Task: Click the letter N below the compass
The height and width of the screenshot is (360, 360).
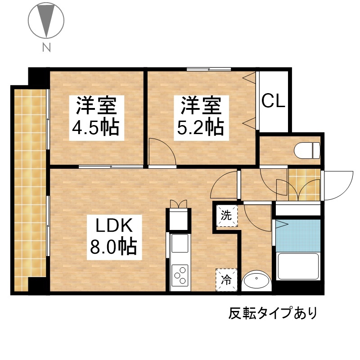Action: click(46, 48)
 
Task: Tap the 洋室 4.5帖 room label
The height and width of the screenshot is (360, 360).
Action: click(97, 118)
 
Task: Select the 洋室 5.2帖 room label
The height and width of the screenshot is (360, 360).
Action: click(201, 118)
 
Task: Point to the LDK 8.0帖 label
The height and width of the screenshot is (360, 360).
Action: click(114, 237)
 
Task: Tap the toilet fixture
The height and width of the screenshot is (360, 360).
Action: click(307, 150)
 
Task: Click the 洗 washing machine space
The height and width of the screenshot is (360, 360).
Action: click(226, 216)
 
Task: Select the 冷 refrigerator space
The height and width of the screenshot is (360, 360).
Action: click(226, 280)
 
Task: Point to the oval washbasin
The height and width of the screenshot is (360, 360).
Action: click(256, 280)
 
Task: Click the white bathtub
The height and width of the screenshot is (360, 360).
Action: click(298, 266)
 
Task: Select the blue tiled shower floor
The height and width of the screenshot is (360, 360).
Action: click(298, 235)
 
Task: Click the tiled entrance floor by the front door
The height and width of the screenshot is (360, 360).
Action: click(305, 185)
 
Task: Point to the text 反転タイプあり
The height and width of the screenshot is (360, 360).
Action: click(273, 313)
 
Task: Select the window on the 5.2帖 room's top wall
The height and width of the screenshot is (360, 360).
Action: click(209, 69)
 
